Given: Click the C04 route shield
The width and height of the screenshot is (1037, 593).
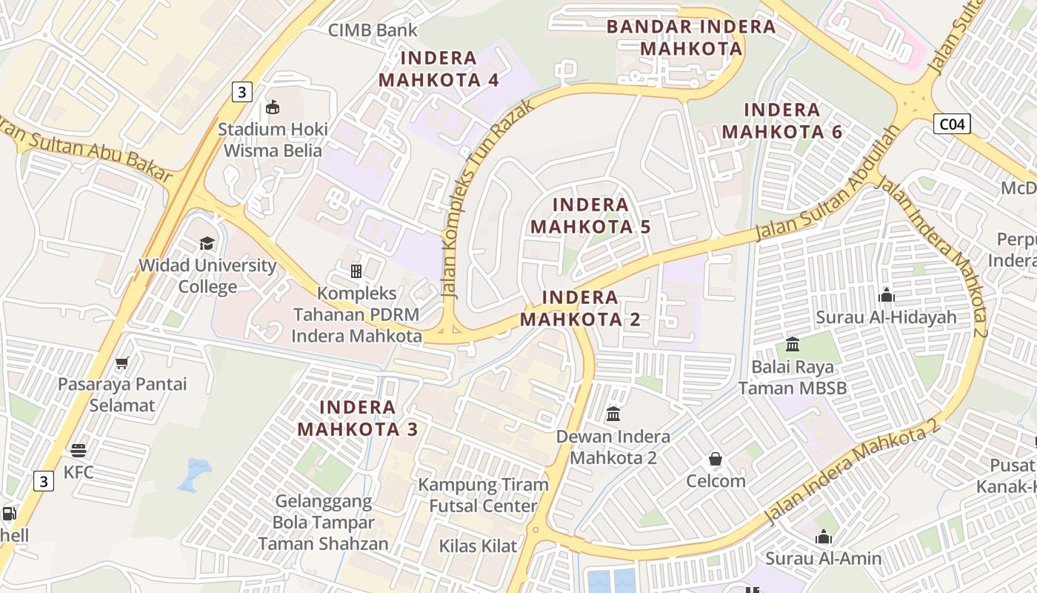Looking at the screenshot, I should (951, 124).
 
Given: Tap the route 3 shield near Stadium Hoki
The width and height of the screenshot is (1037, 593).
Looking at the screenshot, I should (241, 92).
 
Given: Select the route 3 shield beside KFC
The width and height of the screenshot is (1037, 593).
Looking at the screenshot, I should (44, 481).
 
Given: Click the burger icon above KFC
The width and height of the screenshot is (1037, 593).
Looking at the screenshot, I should (79, 450).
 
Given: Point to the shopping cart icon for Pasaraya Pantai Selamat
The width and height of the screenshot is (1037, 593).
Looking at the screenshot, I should (122, 362).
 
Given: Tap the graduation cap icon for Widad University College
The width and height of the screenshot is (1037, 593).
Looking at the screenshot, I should (207, 243).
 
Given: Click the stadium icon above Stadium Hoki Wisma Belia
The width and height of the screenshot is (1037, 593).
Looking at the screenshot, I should (273, 107).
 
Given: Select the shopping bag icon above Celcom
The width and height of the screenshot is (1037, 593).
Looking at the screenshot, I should (715, 459).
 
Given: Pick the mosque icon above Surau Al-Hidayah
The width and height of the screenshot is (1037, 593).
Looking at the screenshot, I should (886, 296).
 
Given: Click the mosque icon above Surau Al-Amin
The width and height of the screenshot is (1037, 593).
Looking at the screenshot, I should (823, 537).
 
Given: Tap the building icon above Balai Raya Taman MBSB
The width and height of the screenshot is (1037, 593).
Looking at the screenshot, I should (793, 345).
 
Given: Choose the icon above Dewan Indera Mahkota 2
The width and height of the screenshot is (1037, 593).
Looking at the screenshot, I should (613, 414).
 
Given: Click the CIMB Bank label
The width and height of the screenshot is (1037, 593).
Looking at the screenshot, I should (373, 30).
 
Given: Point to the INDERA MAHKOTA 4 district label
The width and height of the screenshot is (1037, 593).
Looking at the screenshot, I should (439, 69).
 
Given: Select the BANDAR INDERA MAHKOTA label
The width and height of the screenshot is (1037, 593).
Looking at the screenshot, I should (690, 38).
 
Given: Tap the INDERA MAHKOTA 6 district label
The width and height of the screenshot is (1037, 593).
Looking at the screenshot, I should (782, 121).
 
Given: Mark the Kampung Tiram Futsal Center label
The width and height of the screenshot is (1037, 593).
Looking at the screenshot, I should (484, 495).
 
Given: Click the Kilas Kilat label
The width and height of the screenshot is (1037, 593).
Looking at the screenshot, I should (478, 546).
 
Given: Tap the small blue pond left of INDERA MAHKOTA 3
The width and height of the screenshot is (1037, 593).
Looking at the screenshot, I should (194, 474).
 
